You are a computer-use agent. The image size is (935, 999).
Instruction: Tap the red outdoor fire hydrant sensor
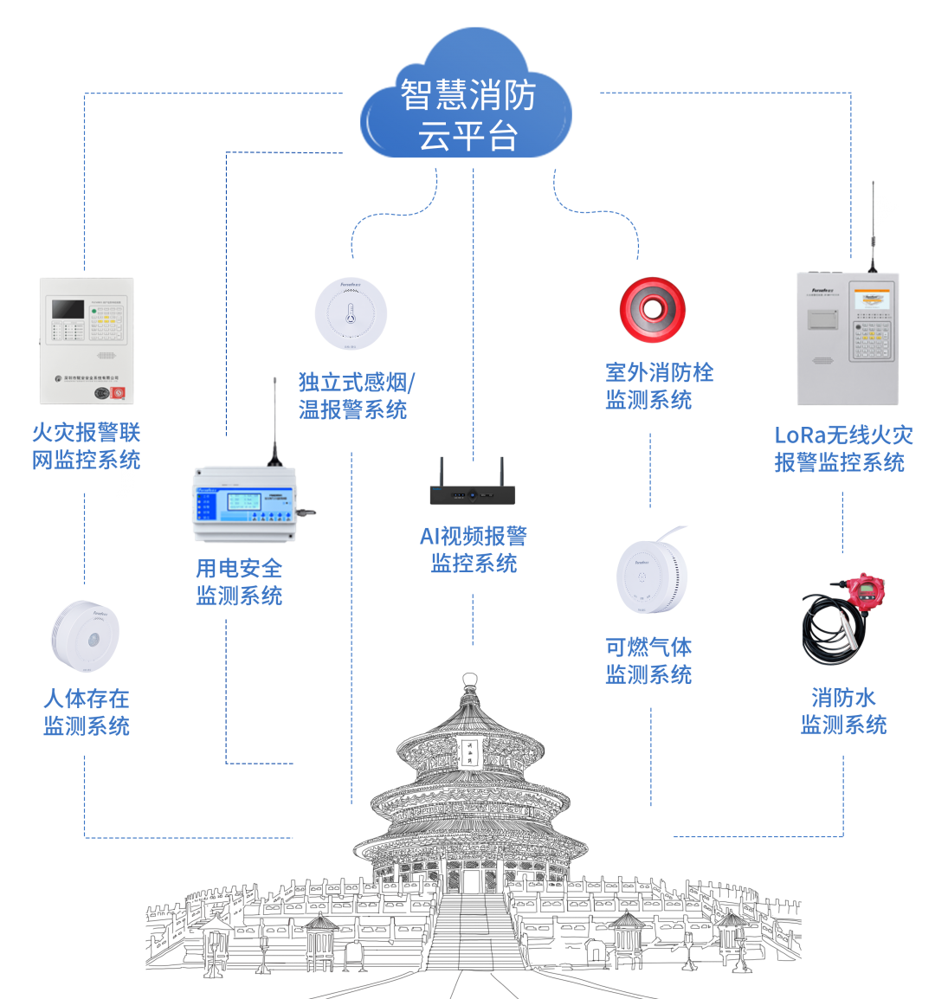652,311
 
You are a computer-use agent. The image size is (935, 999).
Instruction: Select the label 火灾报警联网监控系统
86,446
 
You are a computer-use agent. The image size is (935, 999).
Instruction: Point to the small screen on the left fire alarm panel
68,310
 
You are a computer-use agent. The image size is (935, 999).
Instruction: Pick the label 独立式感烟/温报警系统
355,396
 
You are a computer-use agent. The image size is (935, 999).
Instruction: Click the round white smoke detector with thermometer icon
351,313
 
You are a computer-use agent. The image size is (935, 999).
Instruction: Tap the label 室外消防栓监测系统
659,386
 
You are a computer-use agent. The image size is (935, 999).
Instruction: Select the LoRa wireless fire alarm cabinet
848,338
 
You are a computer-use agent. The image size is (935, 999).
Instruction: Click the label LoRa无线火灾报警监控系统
842,448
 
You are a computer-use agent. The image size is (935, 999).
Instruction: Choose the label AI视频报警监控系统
474,550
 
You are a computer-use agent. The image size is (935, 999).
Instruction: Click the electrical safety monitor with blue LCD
250,506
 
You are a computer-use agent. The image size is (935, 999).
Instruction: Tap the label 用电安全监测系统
239,582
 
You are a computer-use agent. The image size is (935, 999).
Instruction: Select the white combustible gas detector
651,574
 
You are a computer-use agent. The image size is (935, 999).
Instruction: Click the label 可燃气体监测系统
648,661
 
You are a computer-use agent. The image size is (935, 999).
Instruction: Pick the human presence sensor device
85,635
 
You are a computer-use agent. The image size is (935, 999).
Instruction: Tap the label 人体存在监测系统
87,712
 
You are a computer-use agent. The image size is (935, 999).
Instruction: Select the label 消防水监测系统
843,711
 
